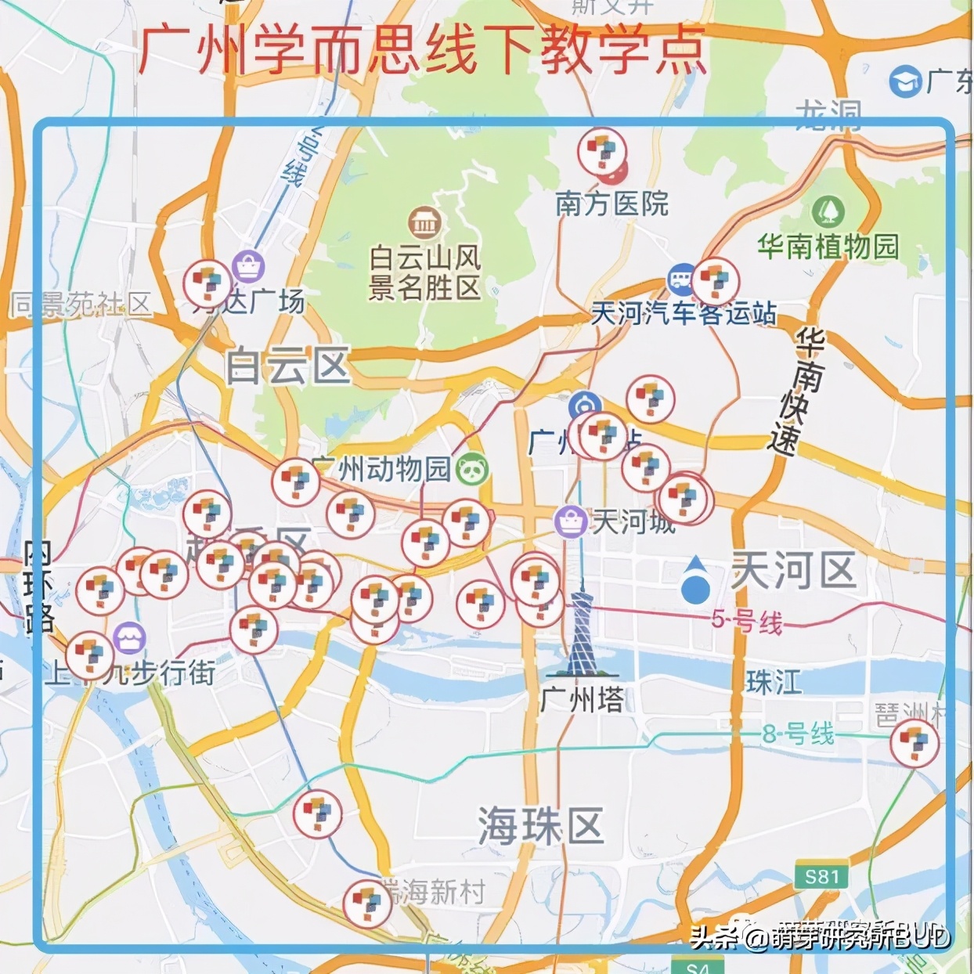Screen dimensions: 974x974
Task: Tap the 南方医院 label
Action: coord(611,204)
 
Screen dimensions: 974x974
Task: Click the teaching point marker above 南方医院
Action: coord(602,151)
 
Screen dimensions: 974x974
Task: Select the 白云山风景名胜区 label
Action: coord(424,272)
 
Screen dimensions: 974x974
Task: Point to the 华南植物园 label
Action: coord(828,246)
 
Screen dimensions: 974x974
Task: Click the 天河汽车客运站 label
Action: coord(683,314)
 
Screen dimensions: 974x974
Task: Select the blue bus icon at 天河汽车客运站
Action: coord(681,279)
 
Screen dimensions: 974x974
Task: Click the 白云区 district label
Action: coord(287,366)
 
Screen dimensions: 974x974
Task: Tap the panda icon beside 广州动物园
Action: coord(473,470)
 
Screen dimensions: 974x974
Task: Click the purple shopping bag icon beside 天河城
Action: coord(570,521)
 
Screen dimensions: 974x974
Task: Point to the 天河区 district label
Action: coord(792,569)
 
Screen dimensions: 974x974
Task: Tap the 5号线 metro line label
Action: coord(746,621)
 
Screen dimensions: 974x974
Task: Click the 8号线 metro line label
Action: coord(798,734)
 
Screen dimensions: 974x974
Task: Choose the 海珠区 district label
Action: coord(540,827)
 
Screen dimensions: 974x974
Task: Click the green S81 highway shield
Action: coord(821,876)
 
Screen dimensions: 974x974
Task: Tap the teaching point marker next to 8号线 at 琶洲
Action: coord(914,743)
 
